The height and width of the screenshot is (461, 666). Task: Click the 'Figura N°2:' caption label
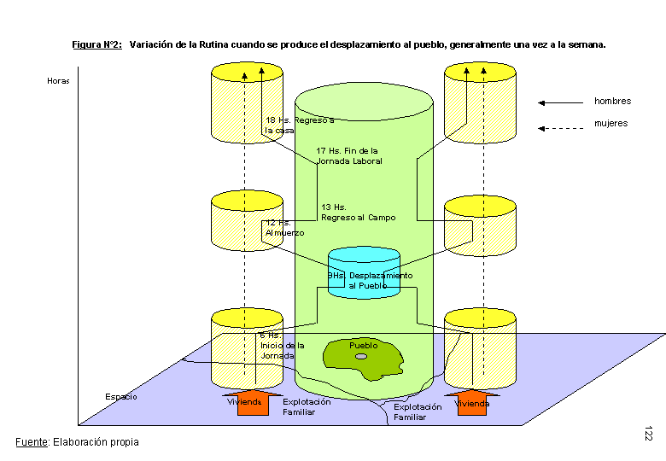tap(96, 44)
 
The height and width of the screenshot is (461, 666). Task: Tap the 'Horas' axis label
tap(58, 82)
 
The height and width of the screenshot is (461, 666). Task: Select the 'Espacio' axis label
tap(120, 397)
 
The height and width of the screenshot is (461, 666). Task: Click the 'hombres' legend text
tap(612, 102)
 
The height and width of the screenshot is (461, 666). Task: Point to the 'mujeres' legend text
tap(610, 124)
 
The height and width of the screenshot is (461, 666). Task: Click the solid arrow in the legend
tap(559, 102)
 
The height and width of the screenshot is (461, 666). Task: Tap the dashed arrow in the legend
tap(559, 129)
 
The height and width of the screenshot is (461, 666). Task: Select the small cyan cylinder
tap(365, 271)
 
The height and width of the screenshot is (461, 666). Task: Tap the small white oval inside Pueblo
tap(361, 356)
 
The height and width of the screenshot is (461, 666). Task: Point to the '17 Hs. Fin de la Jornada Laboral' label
tap(349, 155)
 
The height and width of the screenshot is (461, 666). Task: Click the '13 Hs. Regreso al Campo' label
tap(358, 213)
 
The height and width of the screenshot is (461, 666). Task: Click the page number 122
tap(649, 433)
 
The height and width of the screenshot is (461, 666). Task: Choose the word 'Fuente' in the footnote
tap(32, 442)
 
